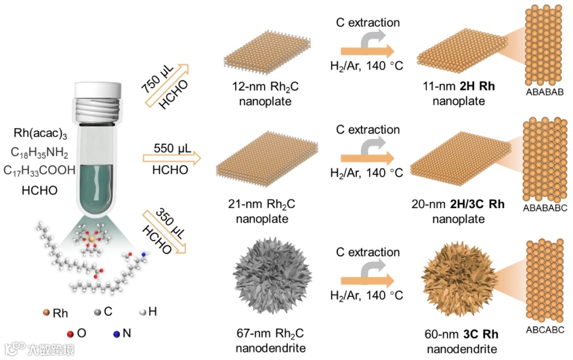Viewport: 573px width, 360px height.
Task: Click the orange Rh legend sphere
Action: (46, 313)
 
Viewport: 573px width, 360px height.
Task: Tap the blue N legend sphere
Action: (116, 334)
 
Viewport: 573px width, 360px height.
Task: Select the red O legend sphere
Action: (70, 334)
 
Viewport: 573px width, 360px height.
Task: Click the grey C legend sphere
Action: (97, 312)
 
